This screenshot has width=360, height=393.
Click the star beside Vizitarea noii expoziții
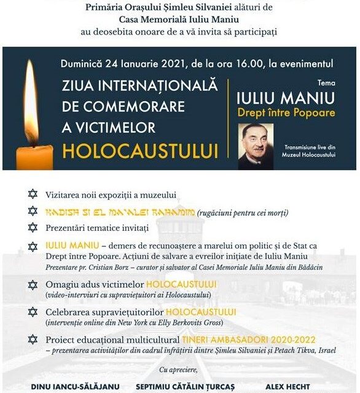(33, 195)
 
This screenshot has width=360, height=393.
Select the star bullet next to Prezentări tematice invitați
(33, 228)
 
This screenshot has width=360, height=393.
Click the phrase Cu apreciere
(179, 370)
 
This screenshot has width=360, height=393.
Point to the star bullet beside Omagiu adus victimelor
(33, 285)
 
